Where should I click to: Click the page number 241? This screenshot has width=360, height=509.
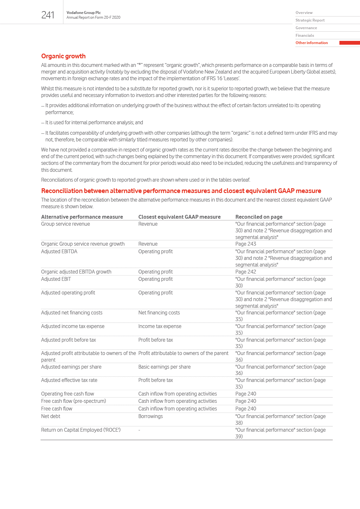click(48, 15)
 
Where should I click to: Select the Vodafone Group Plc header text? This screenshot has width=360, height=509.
click(84, 13)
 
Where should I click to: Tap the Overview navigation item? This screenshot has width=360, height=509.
click(304, 13)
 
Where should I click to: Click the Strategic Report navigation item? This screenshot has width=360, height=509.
click(310, 20)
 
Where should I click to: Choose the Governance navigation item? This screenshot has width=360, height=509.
click(306, 28)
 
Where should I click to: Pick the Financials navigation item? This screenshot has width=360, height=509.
click(305, 35)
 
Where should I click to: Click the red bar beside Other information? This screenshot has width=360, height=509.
click(349, 43)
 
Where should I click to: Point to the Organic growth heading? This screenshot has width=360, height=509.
click(63, 56)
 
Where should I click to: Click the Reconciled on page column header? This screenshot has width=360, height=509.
click(259, 217)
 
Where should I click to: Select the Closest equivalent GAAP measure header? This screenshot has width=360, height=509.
click(179, 217)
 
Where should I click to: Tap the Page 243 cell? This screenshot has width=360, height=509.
click(246, 244)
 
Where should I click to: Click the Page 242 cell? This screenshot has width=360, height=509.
click(246, 272)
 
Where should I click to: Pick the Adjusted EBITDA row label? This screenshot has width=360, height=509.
click(59, 252)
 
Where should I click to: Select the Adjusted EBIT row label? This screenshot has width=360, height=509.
click(56, 279)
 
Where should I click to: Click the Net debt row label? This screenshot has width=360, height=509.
click(51, 416)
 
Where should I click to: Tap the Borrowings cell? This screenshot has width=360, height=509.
click(151, 416)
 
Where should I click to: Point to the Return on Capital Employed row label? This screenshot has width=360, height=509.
click(81, 430)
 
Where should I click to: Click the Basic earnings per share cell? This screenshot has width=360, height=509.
click(164, 367)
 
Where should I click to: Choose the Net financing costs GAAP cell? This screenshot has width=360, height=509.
click(159, 313)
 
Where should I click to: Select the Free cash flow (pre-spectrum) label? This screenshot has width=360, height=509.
click(74, 401)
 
